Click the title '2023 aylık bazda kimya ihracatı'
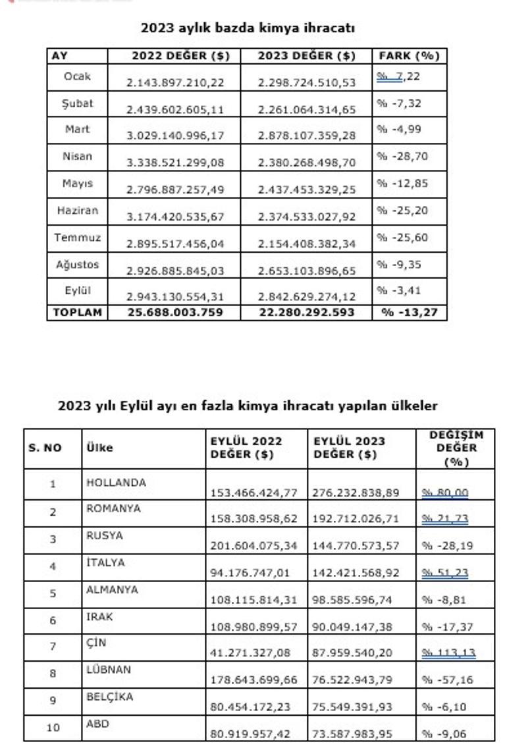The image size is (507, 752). [x=248, y=28]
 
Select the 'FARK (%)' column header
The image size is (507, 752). [x=408, y=56]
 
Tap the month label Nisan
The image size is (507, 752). [x=78, y=157]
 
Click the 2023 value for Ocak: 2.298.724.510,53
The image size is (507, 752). [x=306, y=82]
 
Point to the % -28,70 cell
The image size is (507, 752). [x=399, y=156]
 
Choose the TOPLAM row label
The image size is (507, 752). [x=78, y=312]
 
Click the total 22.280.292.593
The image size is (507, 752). [x=306, y=312]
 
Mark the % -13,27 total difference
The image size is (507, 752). [x=409, y=312]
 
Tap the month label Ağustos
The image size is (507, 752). [x=78, y=265]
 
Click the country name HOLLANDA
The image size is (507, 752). [x=116, y=483]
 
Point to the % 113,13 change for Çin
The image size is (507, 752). [x=448, y=653]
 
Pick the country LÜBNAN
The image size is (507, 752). [x=109, y=670]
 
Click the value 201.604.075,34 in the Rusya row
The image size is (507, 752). [x=254, y=545]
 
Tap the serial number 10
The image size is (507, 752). [x=53, y=728]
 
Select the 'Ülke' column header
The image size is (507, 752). [x=99, y=448]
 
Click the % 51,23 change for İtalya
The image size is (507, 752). [x=445, y=573]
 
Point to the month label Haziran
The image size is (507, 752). [x=78, y=211]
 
